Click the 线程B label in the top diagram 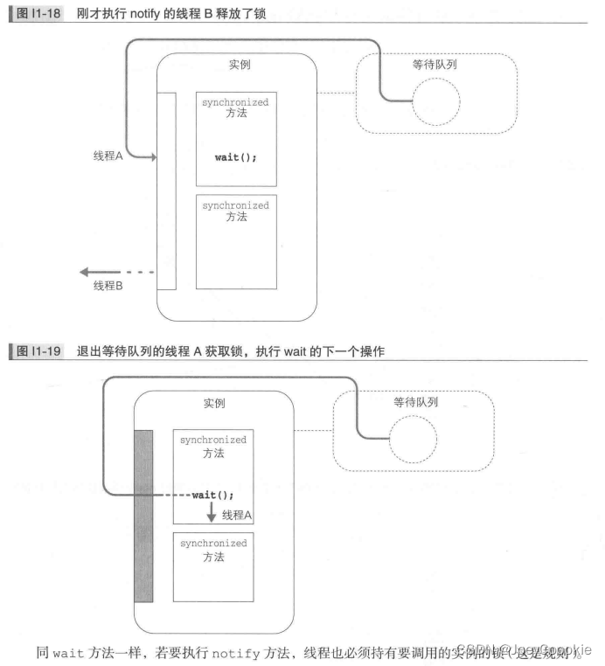108,286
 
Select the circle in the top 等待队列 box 435,103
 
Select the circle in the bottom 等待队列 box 413,441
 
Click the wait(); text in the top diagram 236,157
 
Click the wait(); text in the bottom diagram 213,496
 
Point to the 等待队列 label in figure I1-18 435,64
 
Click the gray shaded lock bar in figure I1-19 143,515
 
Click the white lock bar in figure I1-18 166,189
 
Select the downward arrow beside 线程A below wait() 211,512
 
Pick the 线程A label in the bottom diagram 237,515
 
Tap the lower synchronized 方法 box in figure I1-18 236,241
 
